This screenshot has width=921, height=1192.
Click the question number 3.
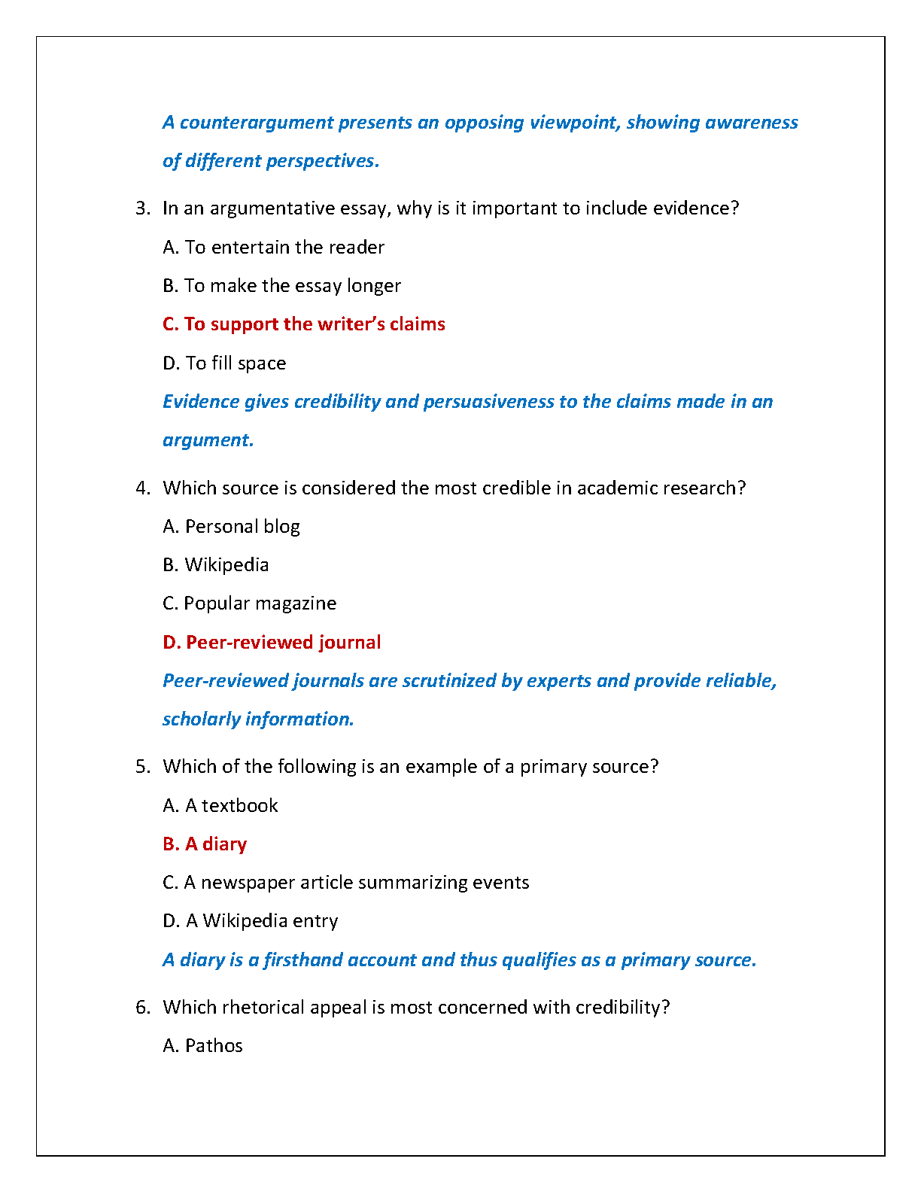pos(143,208)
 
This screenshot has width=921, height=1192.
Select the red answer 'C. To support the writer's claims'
pos(303,324)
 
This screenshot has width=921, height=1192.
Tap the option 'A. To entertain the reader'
pos(273,248)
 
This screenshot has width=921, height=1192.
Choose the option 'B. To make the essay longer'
pos(281,286)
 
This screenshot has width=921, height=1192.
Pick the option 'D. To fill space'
pos(224,363)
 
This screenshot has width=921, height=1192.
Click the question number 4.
pos(143,488)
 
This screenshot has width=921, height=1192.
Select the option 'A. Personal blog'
pos(231,527)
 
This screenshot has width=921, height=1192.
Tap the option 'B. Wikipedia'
pos(215,565)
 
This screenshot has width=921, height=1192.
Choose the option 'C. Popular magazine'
pos(249,604)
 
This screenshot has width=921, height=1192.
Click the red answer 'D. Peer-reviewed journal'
pos(272,643)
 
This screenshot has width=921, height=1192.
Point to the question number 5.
pos(143,767)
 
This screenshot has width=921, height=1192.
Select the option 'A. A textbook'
pos(220,806)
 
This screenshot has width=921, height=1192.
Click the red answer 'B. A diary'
pos(205,844)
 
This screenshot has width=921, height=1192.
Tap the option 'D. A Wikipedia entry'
pos(250,921)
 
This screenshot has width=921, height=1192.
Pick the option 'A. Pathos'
pos(202,1046)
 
